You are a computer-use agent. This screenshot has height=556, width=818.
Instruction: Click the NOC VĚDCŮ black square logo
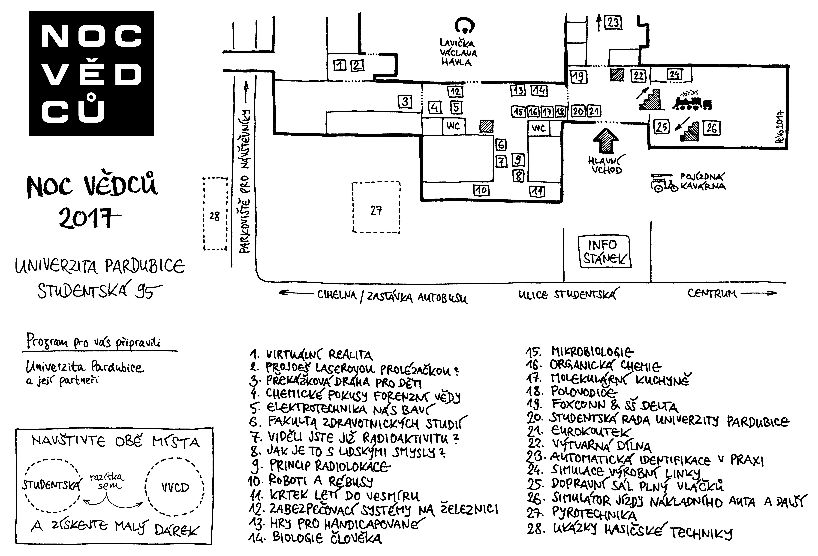coord(92,74)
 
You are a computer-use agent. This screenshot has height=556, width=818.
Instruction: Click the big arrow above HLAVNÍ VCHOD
coord(605,140)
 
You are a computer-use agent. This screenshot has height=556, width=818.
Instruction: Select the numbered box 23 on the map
coord(613,23)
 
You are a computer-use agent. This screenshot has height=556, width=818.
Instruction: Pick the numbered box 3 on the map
coord(405,102)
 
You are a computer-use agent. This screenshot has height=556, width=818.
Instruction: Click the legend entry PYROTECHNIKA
coord(594,514)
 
